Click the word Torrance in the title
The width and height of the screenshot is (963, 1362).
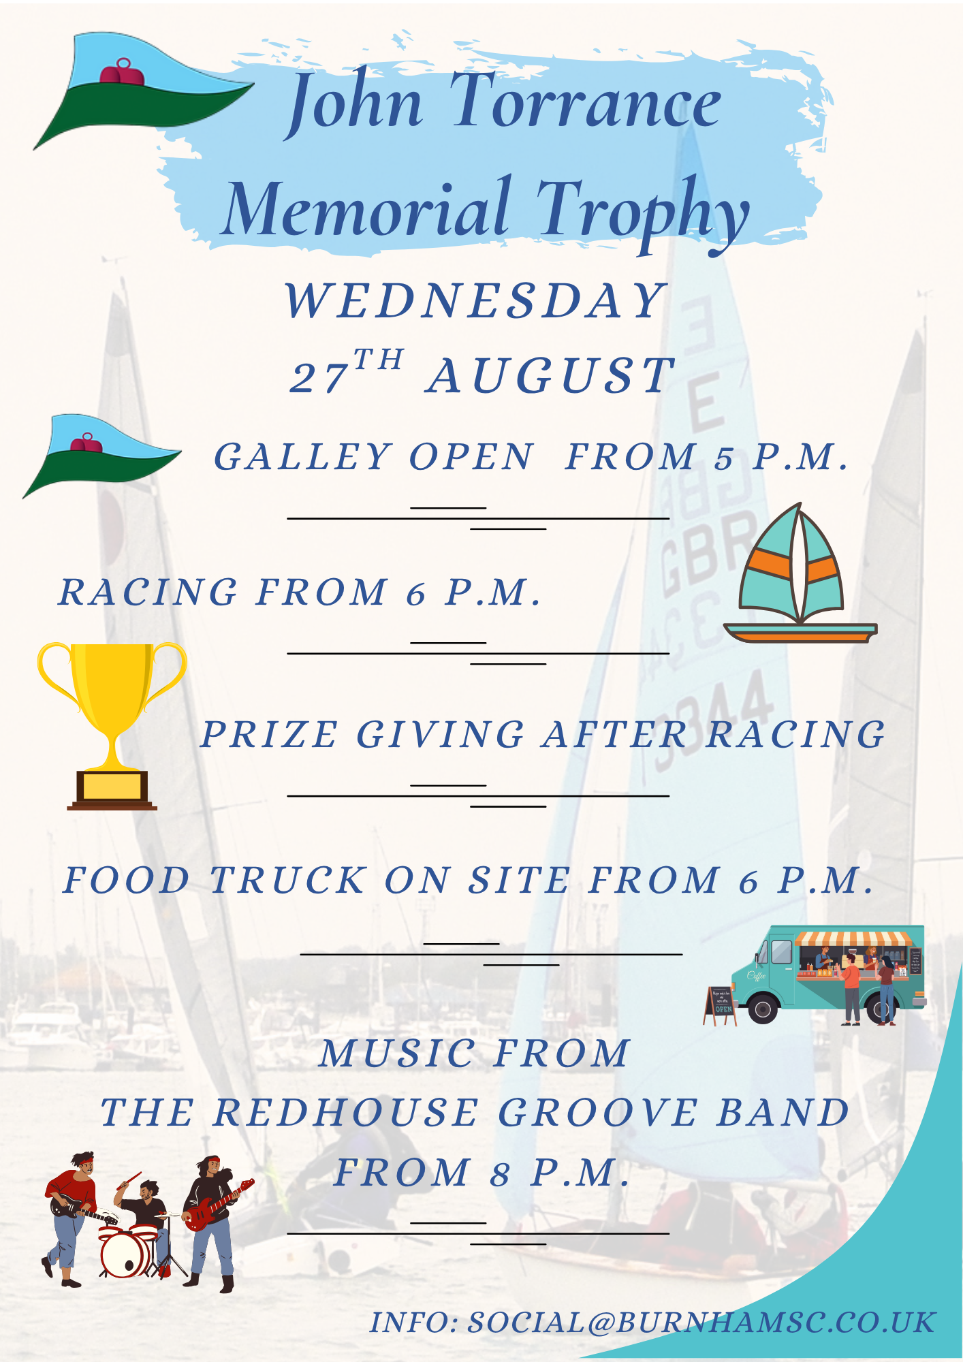coord(586,102)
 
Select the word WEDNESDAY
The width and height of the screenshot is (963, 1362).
coord(475,301)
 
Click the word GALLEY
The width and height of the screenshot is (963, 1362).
coord(303,457)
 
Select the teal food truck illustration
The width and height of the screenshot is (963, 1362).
coord(829,974)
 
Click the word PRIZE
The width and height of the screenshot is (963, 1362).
coord(269,735)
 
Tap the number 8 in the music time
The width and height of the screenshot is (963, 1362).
coord(501,1174)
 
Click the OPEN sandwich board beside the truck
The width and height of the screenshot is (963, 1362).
coord(721,1005)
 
